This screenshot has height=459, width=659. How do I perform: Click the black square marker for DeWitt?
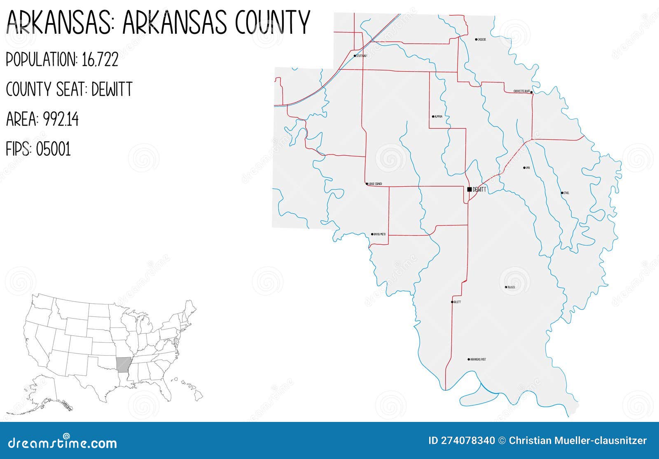point(470,190)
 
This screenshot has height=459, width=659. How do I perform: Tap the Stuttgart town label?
point(362,56)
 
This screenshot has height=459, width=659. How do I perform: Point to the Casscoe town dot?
point(476,40)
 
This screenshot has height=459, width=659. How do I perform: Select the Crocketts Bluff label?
point(521,91)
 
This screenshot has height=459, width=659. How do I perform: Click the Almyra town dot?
point(433,117)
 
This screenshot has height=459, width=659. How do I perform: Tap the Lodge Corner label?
point(375,184)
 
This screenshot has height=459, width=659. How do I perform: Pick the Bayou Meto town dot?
point(372,234)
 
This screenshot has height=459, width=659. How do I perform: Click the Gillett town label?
point(457,302)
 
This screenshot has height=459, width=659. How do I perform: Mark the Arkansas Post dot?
point(469,359)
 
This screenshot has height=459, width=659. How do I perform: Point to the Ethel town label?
point(566,193)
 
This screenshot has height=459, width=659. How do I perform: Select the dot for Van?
point(524,168)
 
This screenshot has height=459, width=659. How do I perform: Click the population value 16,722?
point(100,60)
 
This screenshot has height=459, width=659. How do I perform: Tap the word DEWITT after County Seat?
point(112,89)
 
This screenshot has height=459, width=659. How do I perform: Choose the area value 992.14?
point(61,119)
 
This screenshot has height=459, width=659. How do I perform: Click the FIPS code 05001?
point(53,149)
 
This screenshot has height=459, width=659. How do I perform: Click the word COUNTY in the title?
point(272,23)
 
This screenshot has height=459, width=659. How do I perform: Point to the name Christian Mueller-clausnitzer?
point(577,440)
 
